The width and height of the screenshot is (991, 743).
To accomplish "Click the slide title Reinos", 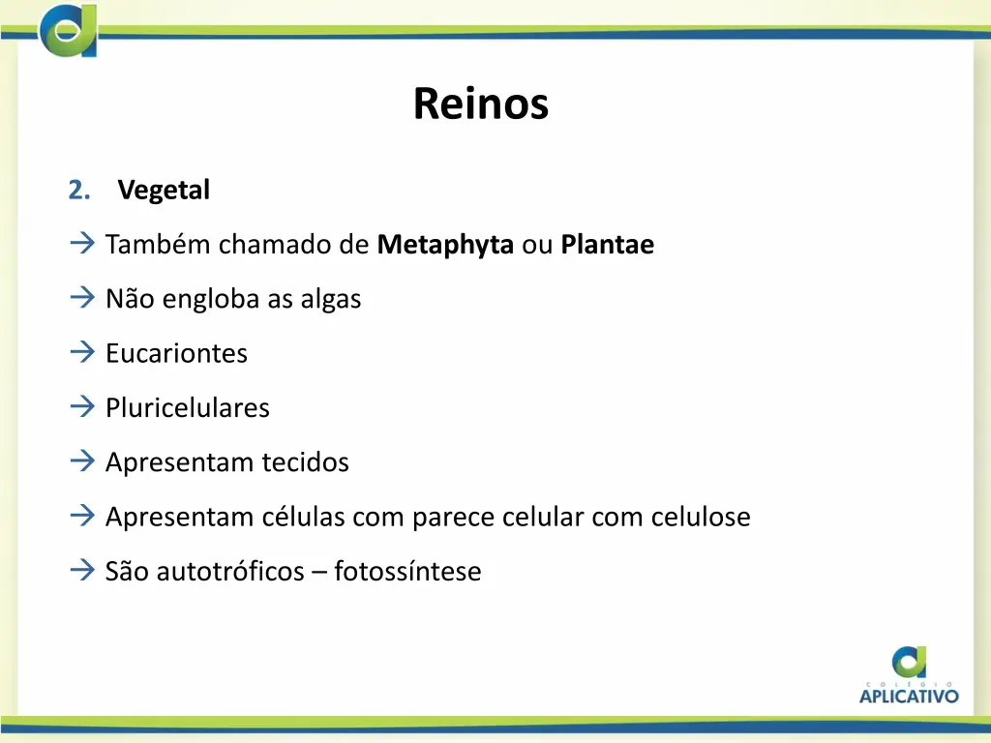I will coord(480,104).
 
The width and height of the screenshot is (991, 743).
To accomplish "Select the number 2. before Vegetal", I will coord(79,191).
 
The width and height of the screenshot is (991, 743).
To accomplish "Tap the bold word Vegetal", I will coord(164,191).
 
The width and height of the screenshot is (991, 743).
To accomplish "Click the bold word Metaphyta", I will coord(445,246).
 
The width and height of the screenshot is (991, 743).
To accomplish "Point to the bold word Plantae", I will coord(607,246).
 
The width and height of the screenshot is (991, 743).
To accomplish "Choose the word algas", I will coord(330,300).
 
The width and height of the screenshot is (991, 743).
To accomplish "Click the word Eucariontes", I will coord(176,354).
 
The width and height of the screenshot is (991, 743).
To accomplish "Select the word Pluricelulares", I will coord(188,408).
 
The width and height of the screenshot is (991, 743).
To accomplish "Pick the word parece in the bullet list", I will coord(454,518).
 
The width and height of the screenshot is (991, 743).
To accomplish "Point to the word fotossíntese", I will coord(407,572).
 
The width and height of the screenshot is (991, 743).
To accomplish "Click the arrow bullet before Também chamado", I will coord(81,244).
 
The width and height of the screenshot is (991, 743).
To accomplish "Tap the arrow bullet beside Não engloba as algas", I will coord(81,298).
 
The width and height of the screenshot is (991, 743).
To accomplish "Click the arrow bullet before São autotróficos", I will coord(81,570).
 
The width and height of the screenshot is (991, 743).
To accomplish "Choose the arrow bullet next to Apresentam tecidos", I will coord(81,461).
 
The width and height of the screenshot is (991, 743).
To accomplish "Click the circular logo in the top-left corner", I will coord(69,29).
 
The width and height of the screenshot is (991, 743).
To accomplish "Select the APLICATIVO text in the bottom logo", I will coord(909,695).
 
